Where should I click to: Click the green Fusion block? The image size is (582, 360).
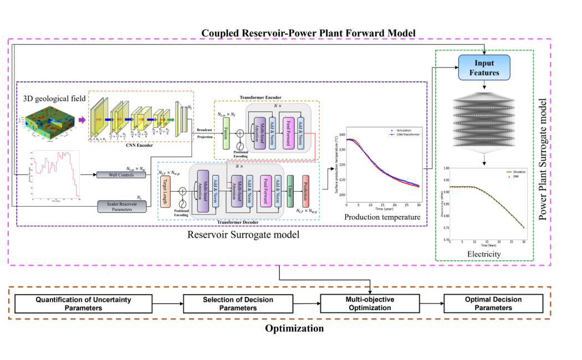click(x=226, y=133)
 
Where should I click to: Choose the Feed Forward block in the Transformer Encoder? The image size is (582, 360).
click(x=288, y=133)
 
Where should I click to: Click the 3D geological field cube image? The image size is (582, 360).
click(x=49, y=121)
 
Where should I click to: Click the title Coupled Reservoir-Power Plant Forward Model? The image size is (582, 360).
click(x=308, y=33)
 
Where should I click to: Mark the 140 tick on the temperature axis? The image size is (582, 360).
click(x=341, y=135)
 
